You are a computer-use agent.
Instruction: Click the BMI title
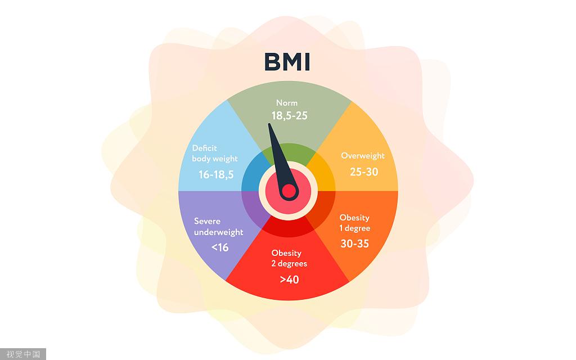pyautogui.click(x=287, y=62)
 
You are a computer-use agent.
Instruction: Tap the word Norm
pyautogui.click(x=287, y=103)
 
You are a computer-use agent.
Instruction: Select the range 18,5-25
pyautogui.click(x=290, y=116)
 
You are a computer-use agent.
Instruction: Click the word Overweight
pyautogui.click(x=363, y=156)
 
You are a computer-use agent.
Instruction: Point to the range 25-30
pyautogui.click(x=364, y=172)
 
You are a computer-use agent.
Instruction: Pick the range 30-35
pyautogui.click(x=354, y=244)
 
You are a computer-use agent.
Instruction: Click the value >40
pyautogui.click(x=290, y=280)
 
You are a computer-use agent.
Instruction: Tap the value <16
pyautogui.click(x=220, y=247)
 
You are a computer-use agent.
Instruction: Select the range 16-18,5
pyautogui.click(x=216, y=174)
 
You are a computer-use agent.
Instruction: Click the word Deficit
pyautogui.click(x=204, y=148)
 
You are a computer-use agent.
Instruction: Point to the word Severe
pyautogui.click(x=207, y=221)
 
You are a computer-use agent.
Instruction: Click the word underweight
pyautogui.click(x=219, y=232)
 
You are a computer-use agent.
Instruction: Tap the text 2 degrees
pyautogui.click(x=289, y=264)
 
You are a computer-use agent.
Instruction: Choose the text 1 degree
pyautogui.click(x=354, y=228)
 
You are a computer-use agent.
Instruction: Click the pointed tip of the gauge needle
pyautogui.click(x=269, y=124)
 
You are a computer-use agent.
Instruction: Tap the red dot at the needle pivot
pyautogui.click(x=289, y=191)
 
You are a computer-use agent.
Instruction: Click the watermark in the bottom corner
pyautogui.click(x=22, y=354)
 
